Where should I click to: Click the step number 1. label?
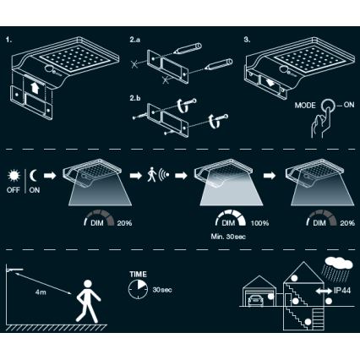click(9, 40)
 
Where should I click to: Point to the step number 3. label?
click(247, 40)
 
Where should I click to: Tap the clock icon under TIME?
click(136, 291)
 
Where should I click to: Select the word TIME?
click(137, 275)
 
